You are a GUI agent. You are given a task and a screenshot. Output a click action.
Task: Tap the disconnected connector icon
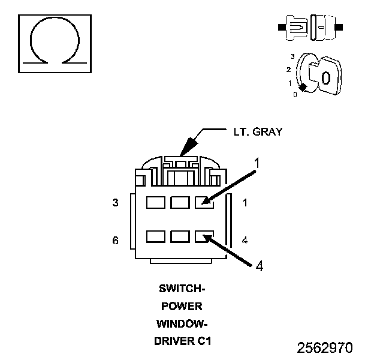click(x=310, y=28)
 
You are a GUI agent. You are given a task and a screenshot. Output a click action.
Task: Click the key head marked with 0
click(x=324, y=77)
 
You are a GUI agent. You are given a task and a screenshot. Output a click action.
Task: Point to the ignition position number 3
click(x=292, y=56)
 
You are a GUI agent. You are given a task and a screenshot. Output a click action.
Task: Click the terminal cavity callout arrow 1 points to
click(x=204, y=203)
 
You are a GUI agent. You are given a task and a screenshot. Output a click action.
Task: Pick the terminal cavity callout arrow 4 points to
click(x=204, y=236)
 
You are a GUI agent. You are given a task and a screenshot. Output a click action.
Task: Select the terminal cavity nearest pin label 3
click(x=155, y=203)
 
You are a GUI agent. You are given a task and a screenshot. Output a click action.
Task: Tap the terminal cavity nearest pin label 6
click(x=155, y=236)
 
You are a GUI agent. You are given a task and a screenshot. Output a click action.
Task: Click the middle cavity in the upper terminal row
click(x=179, y=203)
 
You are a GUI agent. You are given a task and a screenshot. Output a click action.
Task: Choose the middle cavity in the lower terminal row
click(x=179, y=236)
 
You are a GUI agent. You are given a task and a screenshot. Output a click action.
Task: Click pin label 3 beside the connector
click(x=115, y=203)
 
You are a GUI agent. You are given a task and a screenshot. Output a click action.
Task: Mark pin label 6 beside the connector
click(x=115, y=241)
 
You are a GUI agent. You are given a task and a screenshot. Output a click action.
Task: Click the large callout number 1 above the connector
click(x=256, y=163)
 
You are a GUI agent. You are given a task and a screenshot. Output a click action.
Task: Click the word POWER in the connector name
click(x=182, y=306)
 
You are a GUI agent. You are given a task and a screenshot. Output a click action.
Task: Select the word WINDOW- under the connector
click(x=182, y=324)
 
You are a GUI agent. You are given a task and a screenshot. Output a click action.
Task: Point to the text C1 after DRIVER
click(x=204, y=341)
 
